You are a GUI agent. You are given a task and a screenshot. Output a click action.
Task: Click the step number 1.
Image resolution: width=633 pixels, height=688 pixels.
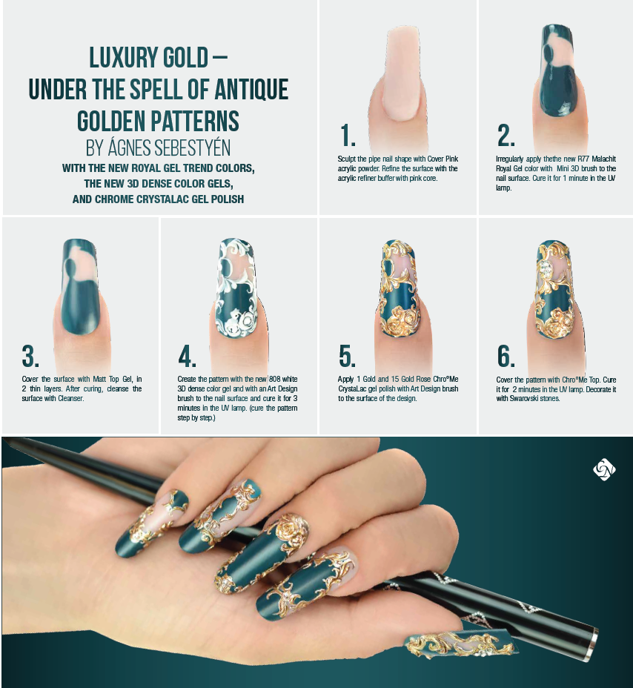pyautogui.click(x=348, y=136)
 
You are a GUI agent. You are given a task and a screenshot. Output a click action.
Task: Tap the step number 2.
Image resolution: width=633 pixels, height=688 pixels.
pyautogui.click(x=506, y=136)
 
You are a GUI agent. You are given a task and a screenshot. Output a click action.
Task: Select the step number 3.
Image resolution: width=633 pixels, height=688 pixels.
pyautogui.click(x=30, y=357)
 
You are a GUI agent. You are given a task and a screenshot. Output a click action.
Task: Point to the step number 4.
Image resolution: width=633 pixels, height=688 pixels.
pyautogui.click(x=188, y=357)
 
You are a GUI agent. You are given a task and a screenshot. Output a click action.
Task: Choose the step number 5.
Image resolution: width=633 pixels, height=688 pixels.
pyautogui.click(x=348, y=357)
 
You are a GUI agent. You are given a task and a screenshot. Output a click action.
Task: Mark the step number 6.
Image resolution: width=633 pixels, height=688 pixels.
pyautogui.click(x=506, y=357)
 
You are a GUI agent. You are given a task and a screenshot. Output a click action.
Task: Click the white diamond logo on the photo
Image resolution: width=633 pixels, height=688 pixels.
pyautogui.click(x=604, y=470)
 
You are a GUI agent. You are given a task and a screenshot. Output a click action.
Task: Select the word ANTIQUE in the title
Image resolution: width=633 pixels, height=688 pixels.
pyautogui.click(x=249, y=89)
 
